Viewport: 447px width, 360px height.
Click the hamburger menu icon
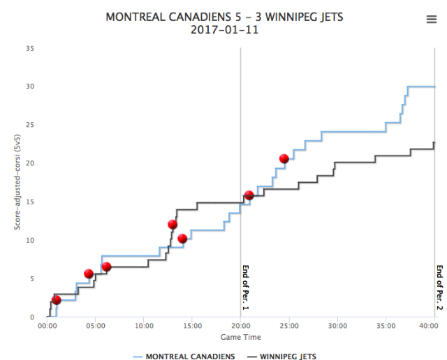click(431, 20)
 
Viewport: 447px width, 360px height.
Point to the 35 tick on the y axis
click(31, 48)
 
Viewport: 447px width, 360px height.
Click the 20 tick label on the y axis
click(31, 163)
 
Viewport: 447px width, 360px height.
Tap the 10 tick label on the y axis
click(31, 240)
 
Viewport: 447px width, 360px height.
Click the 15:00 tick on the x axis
click(192, 325)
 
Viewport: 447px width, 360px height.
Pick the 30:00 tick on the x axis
click(337, 325)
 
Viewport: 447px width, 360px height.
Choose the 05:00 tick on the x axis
click(95, 325)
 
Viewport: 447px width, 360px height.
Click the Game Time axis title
click(240, 336)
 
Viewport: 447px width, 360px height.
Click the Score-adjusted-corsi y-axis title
click(13, 183)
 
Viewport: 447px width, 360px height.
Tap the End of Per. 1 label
click(245, 287)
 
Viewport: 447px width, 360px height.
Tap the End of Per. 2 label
click(439, 287)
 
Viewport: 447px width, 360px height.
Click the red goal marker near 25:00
click(284, 159)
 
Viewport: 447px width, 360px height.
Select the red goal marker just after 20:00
click(249, 195)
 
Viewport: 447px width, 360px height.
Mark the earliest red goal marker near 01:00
click(57, 300)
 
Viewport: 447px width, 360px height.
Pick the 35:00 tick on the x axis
click(386, 325)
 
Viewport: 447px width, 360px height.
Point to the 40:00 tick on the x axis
click(433, 325)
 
